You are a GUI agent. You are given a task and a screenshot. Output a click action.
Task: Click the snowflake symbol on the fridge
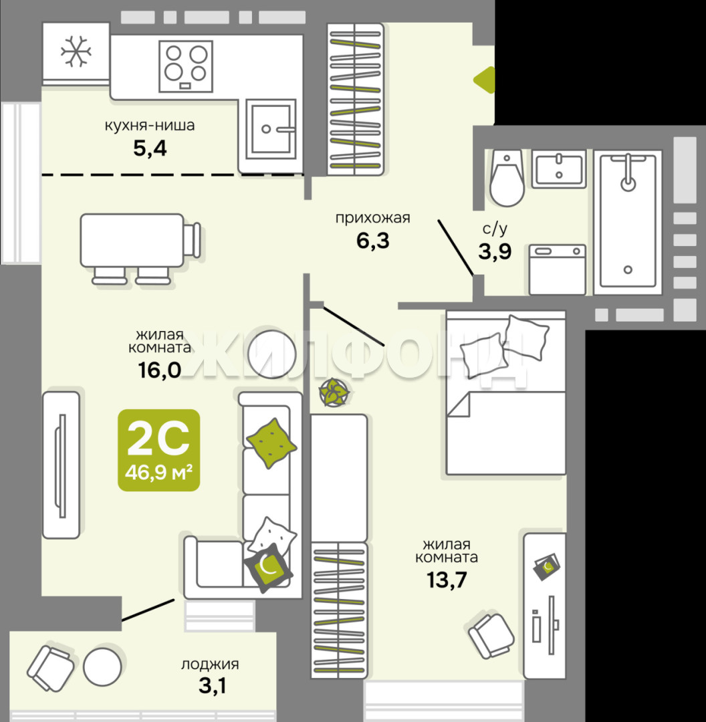click(76, 51)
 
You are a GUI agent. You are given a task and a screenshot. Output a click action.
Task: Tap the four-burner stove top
click(186, 66)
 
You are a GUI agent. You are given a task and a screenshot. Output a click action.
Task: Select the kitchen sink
click(271, 129)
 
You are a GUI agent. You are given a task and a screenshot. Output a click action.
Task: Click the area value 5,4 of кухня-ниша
click(150, 148)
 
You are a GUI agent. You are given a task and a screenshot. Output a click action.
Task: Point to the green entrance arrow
click(485, 80)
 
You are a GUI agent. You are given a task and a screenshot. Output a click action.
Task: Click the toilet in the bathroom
click(507, 178)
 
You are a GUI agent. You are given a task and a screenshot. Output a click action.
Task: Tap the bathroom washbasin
click(559, 168)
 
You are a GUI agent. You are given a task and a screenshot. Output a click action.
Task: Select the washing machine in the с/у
click(558, 270)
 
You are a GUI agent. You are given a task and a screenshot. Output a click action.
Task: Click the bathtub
click(628, 222)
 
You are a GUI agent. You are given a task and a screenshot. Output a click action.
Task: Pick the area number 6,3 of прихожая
click(373, 241)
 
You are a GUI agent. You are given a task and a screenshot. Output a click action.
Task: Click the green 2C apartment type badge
click(159, 450)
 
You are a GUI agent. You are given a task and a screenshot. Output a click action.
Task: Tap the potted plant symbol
click(334, 392)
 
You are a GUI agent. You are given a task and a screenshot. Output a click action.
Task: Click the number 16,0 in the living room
click(159, 370)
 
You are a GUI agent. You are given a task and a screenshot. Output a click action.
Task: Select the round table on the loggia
click(102, 667)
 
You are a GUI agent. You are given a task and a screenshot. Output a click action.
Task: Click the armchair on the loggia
click(50, 668)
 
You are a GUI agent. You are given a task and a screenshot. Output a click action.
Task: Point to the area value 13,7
click(447, 580)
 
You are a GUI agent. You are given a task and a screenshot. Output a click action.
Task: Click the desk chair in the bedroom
click(491, 636)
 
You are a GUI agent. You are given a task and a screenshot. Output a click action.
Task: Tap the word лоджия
click(210, 665)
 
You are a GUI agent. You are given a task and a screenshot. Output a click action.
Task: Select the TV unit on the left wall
click(62, 465)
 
